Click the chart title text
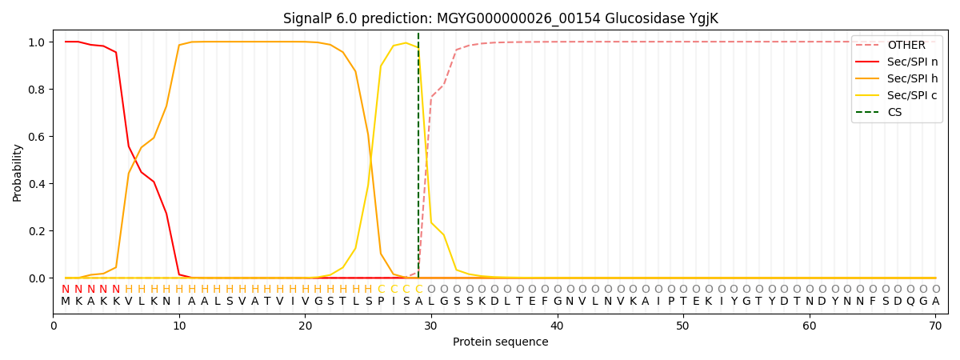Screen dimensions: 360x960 [501, 18]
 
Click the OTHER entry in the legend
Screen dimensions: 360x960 [906, 46]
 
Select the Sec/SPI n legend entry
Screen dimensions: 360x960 [911, 62]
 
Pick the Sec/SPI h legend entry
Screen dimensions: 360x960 [911, 79]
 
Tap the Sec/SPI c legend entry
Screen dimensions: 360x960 [911, 96]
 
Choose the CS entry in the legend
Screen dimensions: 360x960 [894, 113]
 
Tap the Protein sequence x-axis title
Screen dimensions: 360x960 [501, 342]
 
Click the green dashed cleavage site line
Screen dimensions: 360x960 [418, 160]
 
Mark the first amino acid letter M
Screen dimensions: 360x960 [66, 302]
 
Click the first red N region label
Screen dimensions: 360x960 [66, 290]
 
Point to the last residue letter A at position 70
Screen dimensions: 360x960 [935, 302]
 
